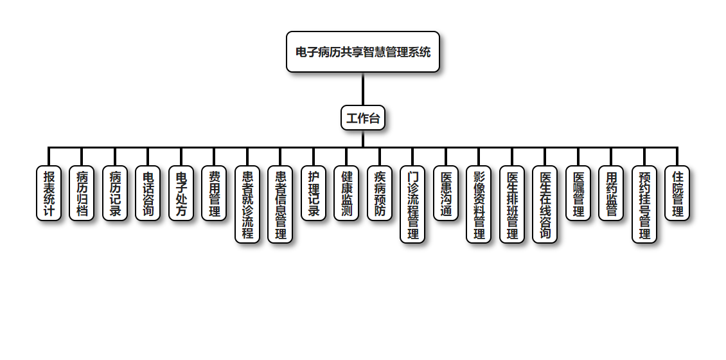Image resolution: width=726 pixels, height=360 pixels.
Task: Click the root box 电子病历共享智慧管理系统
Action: pyautogui.click(x=363, y=52)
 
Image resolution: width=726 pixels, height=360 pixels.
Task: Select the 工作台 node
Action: pyautogui.click(x=363, y=118)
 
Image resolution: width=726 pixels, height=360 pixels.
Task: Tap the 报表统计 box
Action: pyautogui.click(x=49, y=194)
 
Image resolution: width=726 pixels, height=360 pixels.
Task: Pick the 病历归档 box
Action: pyautogui.click(x=82, y=194)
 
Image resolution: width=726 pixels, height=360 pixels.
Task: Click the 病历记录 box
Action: pyautogui.click(x=115, y=194)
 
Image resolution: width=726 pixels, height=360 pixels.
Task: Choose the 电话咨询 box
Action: pyautogui.click(x=148, y=194)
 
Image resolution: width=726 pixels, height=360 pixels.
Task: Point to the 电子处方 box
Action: pyautogui.click(x=181, y=194)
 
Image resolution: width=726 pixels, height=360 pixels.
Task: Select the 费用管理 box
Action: pyautogui.click(x=214, y=194)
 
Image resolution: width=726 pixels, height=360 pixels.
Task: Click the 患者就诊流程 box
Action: pyautogui.click(x=247, y=204)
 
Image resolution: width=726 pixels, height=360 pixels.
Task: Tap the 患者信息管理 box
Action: pyautogui.click(x=280, y=204)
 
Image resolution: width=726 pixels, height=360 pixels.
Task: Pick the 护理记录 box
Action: pyautogui.click(x=314, y=194)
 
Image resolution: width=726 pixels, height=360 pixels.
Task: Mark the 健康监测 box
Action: pyautogui.click(x=346, y=194)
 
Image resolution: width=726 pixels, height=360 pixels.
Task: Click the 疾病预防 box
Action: pyautogui.click(x=380, y=194)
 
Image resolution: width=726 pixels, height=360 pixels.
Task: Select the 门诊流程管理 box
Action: pyautogui.click(x=412, y=204)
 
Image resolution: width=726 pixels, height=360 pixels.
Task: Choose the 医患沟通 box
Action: pyautogui.click(x=446, y=194)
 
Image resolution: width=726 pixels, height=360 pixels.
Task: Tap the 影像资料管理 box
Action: pyautogui.click(x=479, y=204)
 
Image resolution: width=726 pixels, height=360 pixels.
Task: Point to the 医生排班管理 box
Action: pyautogui.click(x=512, y=204)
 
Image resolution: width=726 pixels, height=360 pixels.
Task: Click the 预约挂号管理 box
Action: pyautogui.click(x=644, y=204)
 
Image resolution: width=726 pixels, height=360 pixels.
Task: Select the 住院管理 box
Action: pyautogui.click(x=677, y=194)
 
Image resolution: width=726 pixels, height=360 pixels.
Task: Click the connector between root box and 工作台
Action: pyautogui.click(x=363, y=89)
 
